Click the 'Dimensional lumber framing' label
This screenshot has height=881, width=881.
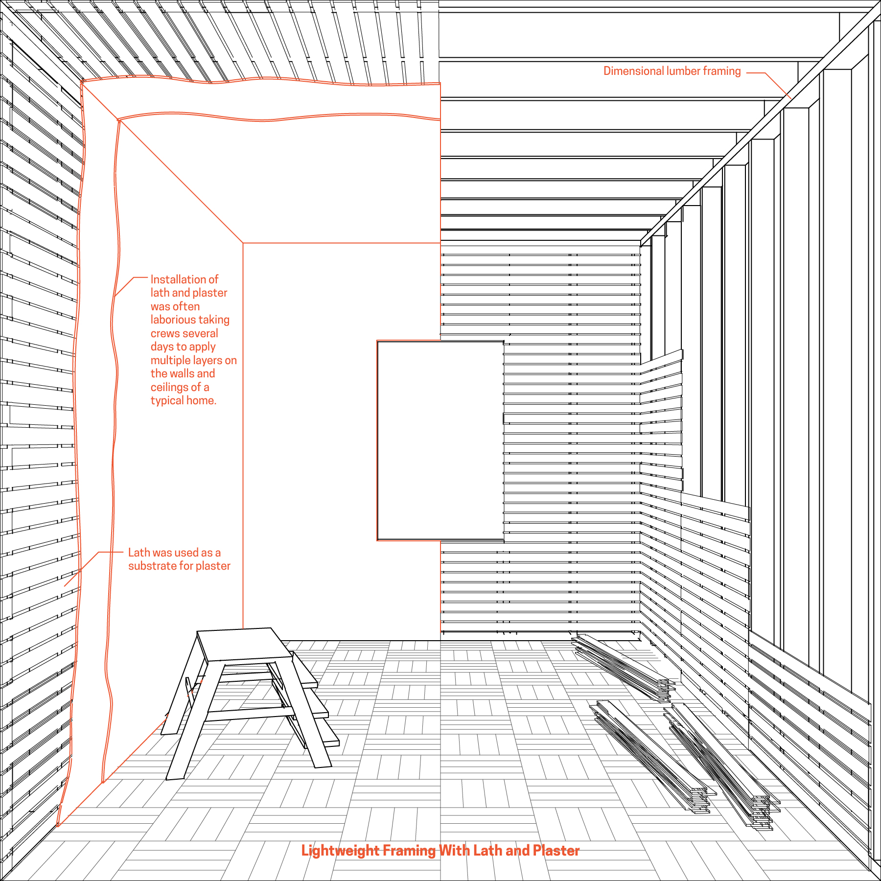tap(672, 71)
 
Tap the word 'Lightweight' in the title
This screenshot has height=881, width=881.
tap(341, 850)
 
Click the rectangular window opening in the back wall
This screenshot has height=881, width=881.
tap(440, 440)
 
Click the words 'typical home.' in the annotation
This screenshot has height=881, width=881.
tap(184, 400)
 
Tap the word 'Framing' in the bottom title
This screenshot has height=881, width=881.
tap(409, 850)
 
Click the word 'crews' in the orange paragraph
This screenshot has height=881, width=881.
tap(164, 333)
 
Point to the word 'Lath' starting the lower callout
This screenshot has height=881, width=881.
tap(139, 553)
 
